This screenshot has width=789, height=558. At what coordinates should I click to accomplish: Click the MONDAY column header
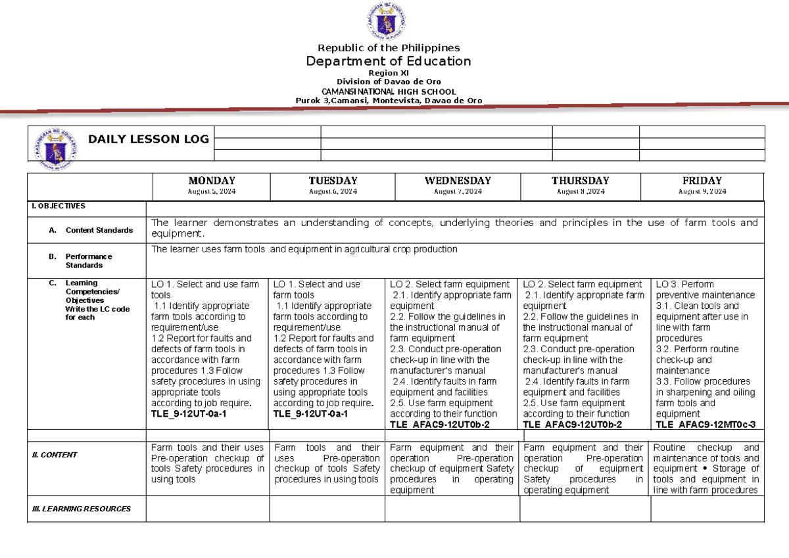pyautogui.click(x=212, y=181)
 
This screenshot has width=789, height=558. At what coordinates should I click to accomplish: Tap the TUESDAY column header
pyautogui.click(x=333, y=181)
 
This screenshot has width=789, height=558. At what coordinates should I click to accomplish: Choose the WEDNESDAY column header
pyautogui.click(x=458, y=181)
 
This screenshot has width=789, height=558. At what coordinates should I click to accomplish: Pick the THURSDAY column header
pyautogui.click(x=580, y=181)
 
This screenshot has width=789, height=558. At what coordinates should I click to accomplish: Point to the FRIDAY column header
pyautogui.click(x=702, y=181)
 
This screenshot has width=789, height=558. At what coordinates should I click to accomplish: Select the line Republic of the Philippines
pyautogui.click(x=389, y=47)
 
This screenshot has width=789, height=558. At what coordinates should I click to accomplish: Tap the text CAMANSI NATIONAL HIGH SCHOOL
pyautogui.click(x=389, y=91)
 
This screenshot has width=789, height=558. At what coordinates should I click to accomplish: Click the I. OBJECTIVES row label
pyautogui.click(x=57, y=206)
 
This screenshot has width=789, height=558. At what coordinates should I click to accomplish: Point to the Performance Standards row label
pyautogui.click(x=89, y=261)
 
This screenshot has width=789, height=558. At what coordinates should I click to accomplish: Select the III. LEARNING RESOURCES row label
pyautogui.click(x=82, y=509)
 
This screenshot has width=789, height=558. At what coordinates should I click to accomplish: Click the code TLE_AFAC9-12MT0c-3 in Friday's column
pyautogui.click(x=705, y=425)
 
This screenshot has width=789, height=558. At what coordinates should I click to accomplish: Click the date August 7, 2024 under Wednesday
pyautogui.click(x=458, y=191)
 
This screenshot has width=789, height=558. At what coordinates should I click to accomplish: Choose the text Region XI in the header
pyautogui.click(x=389, y=73)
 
